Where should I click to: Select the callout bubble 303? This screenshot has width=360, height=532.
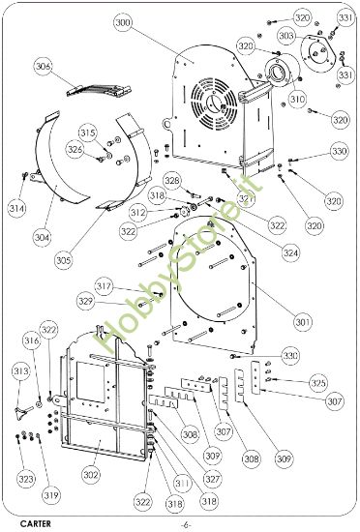285,35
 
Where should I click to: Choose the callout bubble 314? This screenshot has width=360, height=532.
16,208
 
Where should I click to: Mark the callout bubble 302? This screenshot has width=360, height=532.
91,475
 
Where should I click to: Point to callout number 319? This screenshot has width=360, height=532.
50,495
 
